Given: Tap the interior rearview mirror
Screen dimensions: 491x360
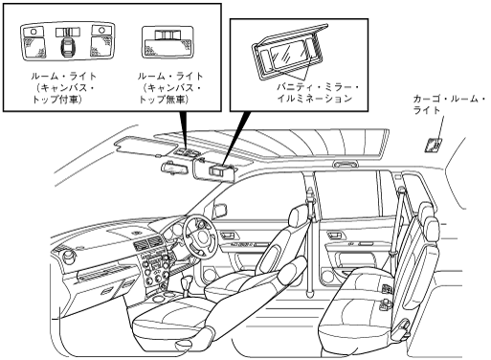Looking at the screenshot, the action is point(173,169).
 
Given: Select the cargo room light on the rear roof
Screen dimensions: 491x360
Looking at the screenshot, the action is point(434,146).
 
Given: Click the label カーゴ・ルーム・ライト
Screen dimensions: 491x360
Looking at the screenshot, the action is point(449,104).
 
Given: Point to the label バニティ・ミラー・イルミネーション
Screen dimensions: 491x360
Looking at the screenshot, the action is point(319,93).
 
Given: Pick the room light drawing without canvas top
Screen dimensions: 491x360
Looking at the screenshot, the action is point(167,43).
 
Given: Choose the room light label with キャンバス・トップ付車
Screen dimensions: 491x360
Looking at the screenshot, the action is point(63,88).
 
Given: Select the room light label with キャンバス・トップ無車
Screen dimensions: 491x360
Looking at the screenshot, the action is point(170,88).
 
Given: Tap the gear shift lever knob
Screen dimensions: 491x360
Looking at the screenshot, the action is point(186,281).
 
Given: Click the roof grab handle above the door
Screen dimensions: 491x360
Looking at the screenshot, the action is point(346,164).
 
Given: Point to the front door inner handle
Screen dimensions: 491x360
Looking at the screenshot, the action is point(228,236).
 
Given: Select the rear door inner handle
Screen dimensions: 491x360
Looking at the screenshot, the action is point(336,236).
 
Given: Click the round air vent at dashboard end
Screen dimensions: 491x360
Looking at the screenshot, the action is point(69,257).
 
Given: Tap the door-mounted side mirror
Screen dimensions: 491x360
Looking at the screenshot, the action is point(219,211).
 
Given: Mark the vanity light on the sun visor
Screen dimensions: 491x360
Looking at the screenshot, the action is point(217,170).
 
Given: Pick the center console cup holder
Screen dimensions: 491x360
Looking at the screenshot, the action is point(158,300).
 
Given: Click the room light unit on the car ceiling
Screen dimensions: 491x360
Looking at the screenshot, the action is point(188,152).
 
